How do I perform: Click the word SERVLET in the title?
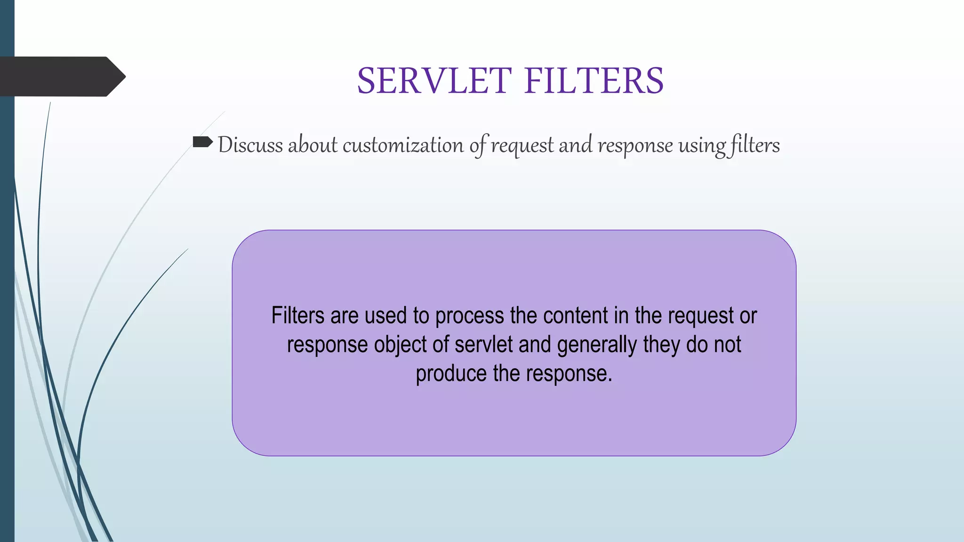coord(434,81)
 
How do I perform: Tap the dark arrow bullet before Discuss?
coord(203,142)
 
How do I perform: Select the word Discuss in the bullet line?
coord(250,145)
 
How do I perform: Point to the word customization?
coord(403,145)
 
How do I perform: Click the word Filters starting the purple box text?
coord(297,315)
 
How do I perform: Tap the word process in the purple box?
coord(469,316)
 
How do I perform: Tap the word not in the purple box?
coord(727,344)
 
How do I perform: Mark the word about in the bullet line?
coord(313,145)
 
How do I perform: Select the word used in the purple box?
coord(386,315)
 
